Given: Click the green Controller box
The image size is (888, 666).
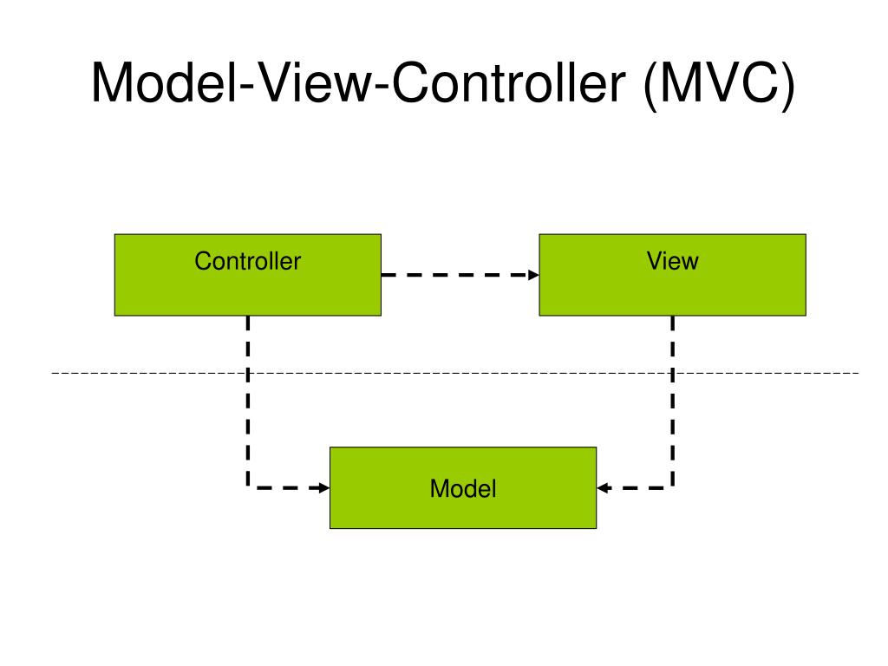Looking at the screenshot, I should (247, 291).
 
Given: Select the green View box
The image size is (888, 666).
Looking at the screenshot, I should (672, 291).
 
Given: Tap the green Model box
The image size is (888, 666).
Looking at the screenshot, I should (462, 512).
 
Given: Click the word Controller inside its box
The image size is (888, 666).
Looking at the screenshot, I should (247, 260).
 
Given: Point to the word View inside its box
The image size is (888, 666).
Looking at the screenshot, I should (672, 260).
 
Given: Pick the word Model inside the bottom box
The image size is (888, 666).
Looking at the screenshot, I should (463, 488).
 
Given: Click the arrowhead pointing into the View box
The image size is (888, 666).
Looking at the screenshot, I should (534, 275).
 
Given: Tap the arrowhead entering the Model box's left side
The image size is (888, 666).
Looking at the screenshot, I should (324, 487).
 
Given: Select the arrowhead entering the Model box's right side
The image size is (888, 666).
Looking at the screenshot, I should (602, 487).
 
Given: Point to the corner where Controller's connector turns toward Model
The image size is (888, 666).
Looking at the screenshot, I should (248, 487).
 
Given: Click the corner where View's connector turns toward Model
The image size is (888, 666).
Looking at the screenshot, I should (673, 487).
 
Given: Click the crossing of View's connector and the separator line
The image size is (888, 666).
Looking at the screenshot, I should (673, 373).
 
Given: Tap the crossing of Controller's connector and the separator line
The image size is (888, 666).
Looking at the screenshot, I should (248, 373).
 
